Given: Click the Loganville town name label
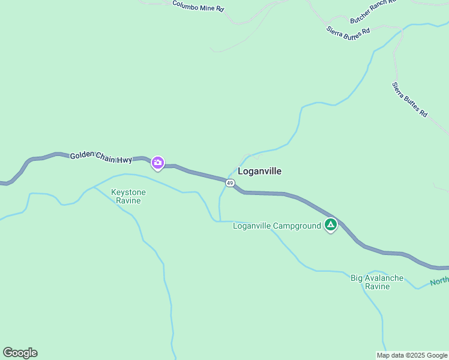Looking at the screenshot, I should coord(259,171).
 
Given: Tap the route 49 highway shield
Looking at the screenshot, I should coord(230,182).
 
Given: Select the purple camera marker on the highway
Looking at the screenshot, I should coord(157,163).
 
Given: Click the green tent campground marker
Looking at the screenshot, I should coord(330,225).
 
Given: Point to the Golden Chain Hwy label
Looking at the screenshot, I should coord(101,157).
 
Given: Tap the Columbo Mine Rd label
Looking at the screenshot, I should coord(198,6).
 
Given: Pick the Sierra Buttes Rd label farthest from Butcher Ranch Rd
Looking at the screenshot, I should coord(409,100).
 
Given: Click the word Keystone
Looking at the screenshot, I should coord(128,193).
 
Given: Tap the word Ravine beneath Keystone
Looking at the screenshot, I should coord(128,201).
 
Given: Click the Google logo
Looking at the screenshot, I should coord(20,353).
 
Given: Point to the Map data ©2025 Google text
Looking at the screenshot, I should coord(412,355).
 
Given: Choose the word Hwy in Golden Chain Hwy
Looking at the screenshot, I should coord(124,160).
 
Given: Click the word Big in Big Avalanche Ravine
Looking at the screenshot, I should coord(357,278).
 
